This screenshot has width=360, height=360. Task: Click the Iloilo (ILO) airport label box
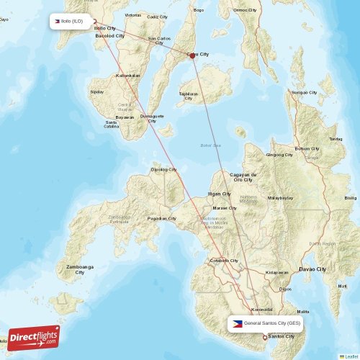tap(71, 21)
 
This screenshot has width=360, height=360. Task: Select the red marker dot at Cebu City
tap(192, 59)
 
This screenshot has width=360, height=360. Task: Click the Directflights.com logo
tap(33, 336)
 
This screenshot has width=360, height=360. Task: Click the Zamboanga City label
tap(80, 269)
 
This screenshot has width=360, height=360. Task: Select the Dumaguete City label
tap(151, 118)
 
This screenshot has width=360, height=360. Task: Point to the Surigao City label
tap(303, 93)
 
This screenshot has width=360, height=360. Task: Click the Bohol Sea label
tap(210, 146)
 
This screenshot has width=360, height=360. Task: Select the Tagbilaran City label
tap(188, 95)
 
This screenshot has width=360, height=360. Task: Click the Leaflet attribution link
tap(349, 356)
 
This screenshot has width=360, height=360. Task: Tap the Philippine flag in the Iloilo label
tap(55, 21)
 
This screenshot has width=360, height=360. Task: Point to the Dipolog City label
tap(163, 170)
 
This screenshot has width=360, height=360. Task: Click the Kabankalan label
tap(128, 75)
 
